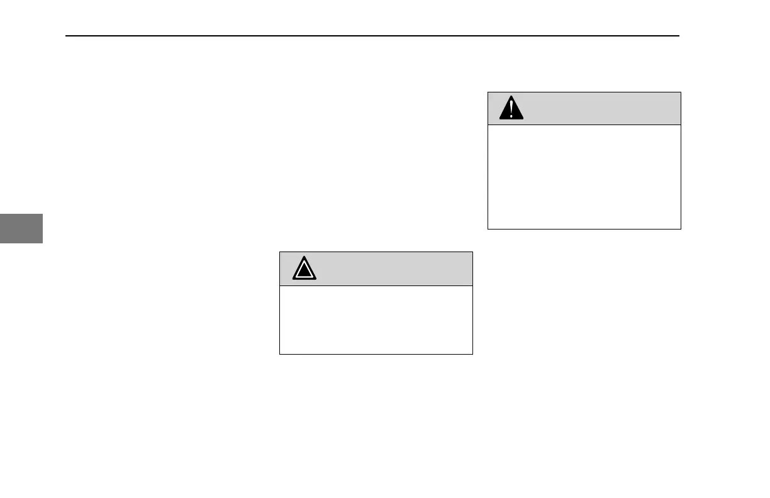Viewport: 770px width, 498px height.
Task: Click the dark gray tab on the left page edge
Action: [21, 228]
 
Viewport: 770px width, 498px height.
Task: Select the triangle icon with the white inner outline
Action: [304, 269]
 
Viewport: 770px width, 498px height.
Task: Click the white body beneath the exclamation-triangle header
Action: [584, 177]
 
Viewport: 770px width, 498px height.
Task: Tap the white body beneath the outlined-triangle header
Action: [376, 320]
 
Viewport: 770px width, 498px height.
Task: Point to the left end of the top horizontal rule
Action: [67, 36]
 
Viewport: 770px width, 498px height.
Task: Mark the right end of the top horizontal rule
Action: [679, 36]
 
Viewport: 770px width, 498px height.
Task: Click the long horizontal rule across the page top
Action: [373, 36]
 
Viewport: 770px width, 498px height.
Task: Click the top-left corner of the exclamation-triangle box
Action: [488, 92]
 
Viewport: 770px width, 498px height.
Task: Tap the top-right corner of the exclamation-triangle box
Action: [681, 92]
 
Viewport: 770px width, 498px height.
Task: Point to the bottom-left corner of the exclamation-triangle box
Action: [488, 229]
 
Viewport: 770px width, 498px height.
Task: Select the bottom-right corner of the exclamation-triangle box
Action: [681, 229]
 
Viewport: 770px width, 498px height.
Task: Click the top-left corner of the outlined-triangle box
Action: [279, 252]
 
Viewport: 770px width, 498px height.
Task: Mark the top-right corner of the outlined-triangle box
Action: [472, 252]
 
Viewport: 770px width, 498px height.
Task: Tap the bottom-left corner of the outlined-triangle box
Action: [279, 355]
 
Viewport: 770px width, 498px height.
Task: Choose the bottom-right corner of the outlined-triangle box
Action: [472, 355]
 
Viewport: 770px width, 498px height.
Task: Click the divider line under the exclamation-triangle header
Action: [584, 124]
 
